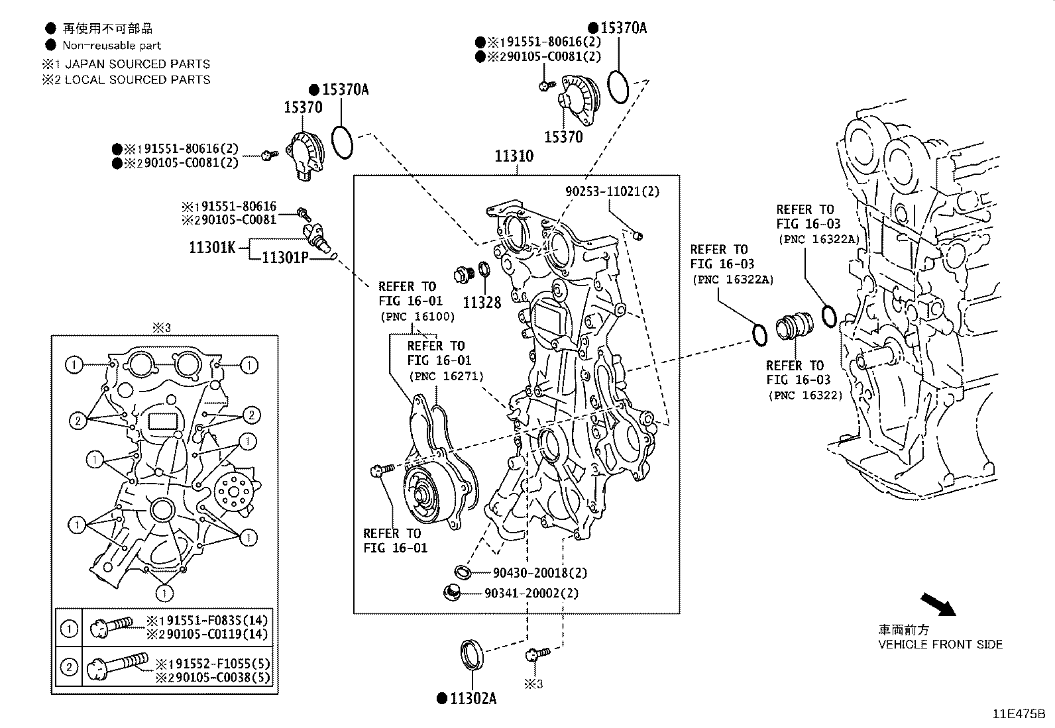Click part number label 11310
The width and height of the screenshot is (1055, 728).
pyautogui.click(x=514, y=157)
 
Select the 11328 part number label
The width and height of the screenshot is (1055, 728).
pyautogui.click(x=482, y=303)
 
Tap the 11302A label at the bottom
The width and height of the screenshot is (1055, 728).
pyautogui.click(x=472, y=698)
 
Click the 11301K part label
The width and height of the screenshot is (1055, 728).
pyautogui.click(x=212, y=248)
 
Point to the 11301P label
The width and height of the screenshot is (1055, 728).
pyautogui.click(x=285, y=258)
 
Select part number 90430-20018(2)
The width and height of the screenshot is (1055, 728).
pyautogui.click(x=540, y=573)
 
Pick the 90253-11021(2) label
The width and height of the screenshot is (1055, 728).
pyautogui.click(x=612, y=191)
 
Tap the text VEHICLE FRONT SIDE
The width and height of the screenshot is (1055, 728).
pyautogui.click(x=940, y=645)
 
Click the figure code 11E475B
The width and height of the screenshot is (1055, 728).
pyautogui.click(x=1018, y=715)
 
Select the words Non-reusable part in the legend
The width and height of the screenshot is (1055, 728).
pyautogui.click(x=111, y=46)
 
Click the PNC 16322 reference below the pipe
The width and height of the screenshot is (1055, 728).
pyautogui.click(x=805, y=395)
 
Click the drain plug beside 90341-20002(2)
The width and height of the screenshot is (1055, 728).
pyautogui.click(x=452, y=592)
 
